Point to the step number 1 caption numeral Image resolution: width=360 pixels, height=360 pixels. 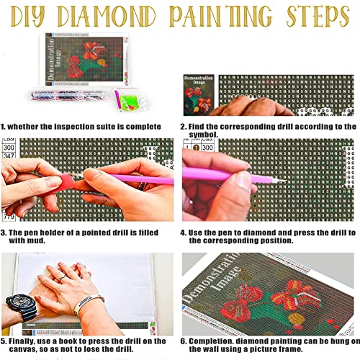click(5, 126)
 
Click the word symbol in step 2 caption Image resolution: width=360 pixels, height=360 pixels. click(204, 134)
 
